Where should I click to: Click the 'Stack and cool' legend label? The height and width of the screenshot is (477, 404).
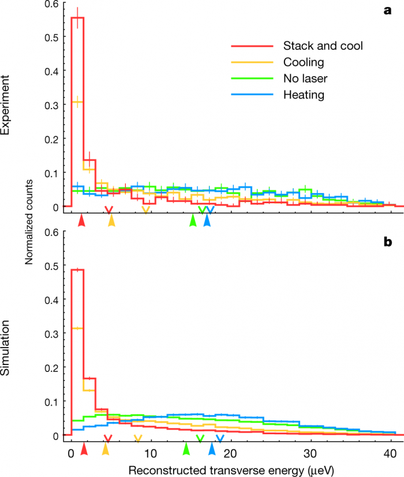point(323,46)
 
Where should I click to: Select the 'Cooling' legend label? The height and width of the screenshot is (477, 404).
point(304,62)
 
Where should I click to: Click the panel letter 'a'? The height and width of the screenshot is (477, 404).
point(388,10)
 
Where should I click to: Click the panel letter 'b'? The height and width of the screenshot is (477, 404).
point(388,242)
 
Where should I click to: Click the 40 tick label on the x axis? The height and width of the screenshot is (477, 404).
point(391,452)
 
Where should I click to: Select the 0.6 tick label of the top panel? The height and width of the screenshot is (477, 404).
point(52,4)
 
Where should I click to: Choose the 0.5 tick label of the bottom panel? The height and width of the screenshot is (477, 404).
point(52,266)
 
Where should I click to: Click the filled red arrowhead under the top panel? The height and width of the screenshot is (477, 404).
point(83,220)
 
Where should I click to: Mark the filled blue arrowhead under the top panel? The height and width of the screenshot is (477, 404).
point(207,220)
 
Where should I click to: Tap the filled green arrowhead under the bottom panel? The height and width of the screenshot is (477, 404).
point(186,448)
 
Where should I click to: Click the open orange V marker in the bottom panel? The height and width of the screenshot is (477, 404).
point(137,438)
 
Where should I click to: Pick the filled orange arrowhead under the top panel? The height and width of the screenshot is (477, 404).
point(111,220)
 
